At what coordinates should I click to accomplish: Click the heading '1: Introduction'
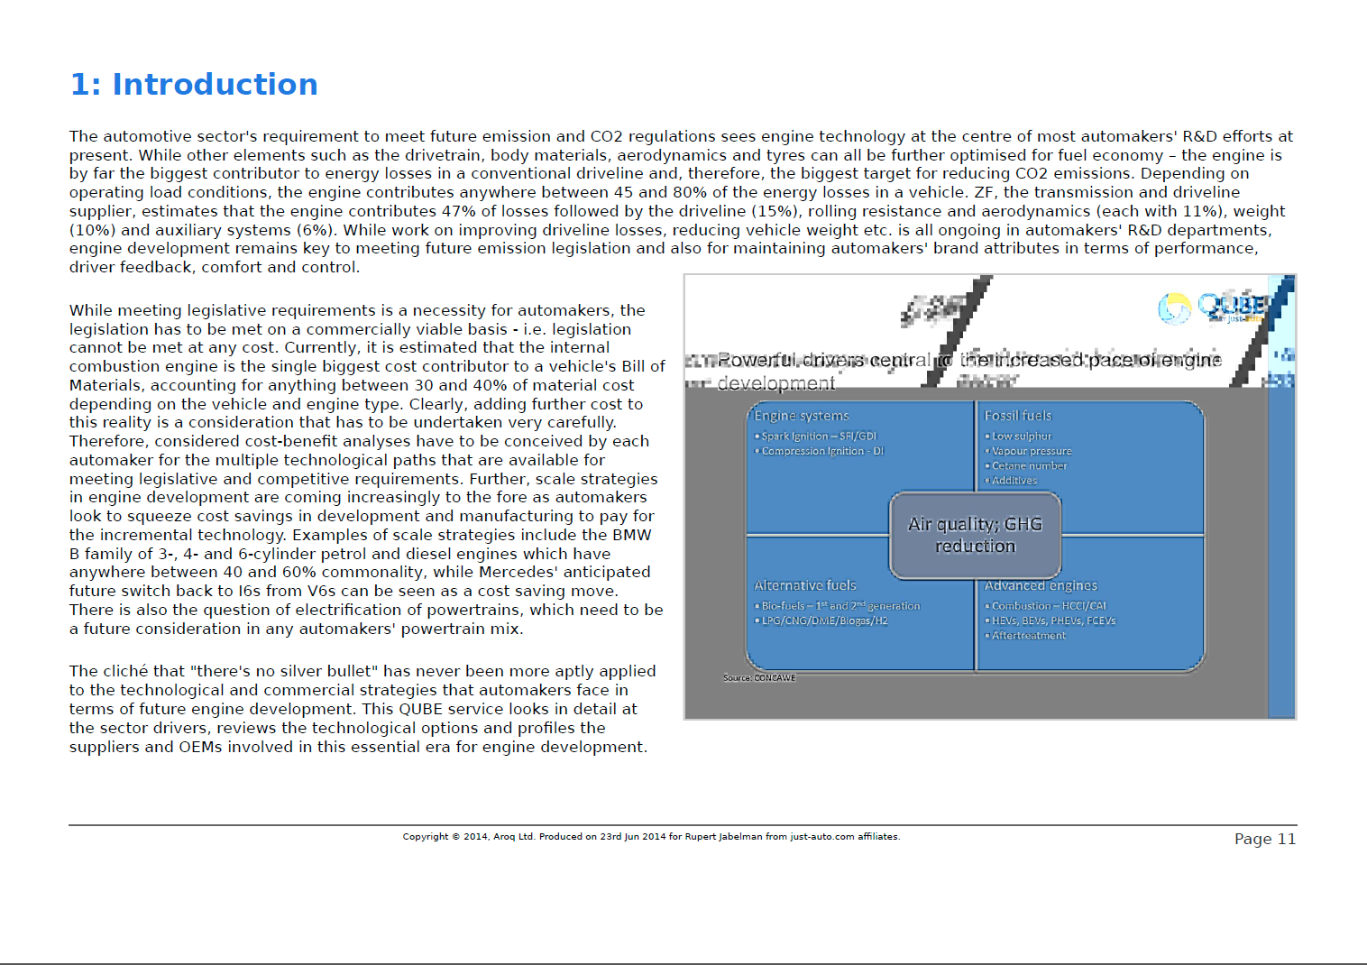click(194, 85)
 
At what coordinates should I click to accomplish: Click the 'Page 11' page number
click(1264, 839)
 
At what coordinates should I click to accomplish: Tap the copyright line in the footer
click(651, 837)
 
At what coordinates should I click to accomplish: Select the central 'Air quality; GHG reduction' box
click(975, 535)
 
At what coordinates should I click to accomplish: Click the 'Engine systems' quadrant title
click(802, 416)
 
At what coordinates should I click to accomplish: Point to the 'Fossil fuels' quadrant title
click(1018, 416)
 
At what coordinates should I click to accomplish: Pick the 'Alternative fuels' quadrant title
click(805, 585)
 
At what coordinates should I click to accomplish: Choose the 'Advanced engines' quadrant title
click(1041, 585)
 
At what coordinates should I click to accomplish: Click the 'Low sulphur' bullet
click(1022, 437)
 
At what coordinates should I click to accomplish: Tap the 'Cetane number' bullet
click(1029, 466)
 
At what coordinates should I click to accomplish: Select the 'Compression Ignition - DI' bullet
click(822, 451)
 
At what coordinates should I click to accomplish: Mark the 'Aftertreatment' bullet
click(1028, 636)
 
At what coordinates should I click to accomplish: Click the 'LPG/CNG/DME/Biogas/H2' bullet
click(824, 620)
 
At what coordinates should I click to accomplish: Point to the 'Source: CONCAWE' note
click(759, 677)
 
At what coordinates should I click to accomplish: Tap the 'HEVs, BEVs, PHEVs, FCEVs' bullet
click(1053, 620)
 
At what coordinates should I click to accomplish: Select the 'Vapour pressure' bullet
click(1032, 451)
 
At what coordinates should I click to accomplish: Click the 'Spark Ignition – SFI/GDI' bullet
click(819, 437)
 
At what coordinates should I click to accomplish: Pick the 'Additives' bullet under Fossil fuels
click(1014, 481)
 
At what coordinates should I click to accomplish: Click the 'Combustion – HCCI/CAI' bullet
click(1049, 606)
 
